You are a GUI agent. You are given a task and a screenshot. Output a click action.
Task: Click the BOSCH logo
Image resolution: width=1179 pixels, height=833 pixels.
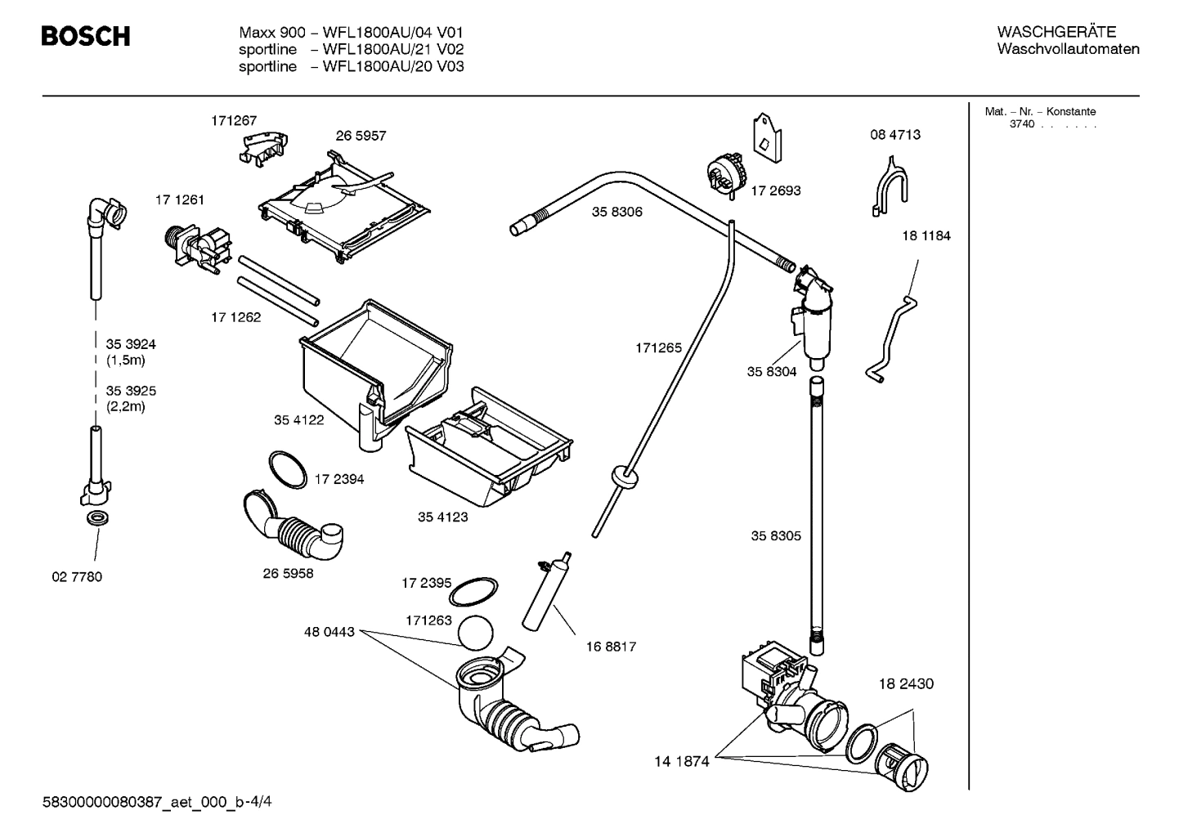(86, 37)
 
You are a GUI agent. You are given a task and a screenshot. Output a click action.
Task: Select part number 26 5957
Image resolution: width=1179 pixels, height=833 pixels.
(361, 136)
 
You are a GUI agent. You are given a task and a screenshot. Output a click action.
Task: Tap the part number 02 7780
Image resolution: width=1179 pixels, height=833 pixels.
(77, 577)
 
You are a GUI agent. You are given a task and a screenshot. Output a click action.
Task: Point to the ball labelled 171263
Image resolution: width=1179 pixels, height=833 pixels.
(477, 633)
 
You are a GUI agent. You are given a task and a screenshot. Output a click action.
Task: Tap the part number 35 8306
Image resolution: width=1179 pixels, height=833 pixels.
(617, 212)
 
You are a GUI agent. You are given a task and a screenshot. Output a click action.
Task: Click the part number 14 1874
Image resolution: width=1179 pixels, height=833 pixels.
(681, 762)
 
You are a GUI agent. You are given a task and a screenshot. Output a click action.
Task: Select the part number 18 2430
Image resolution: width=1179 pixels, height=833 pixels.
(906, 683)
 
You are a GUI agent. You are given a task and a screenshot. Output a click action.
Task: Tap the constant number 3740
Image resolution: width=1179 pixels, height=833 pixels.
(1021, 124)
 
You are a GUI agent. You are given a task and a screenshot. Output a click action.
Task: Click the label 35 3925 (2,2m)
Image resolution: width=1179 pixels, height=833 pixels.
(131, 399)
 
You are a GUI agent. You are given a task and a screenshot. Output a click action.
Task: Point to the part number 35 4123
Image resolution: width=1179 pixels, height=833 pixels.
(442, 517)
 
